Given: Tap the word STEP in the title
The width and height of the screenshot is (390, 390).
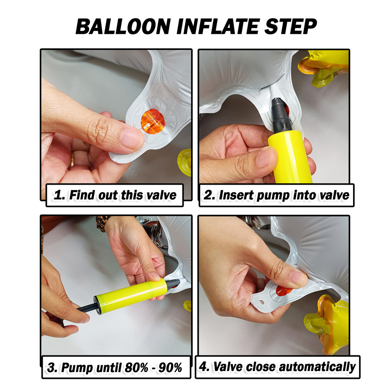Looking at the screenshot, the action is [291, 26].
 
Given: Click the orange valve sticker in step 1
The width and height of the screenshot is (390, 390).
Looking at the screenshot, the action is [153, 121].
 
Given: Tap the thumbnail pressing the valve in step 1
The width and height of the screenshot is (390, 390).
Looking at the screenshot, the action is [131, 138].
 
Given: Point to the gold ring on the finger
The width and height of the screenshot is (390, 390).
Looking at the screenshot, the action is [72, 159].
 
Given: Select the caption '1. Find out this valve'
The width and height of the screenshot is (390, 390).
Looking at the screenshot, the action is [115, 195].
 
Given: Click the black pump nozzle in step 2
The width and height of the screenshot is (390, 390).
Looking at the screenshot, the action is [280, 114].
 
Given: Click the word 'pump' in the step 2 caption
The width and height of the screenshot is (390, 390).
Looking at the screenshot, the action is [273, 195].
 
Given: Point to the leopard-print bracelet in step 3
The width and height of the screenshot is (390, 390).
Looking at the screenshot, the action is [102, 223].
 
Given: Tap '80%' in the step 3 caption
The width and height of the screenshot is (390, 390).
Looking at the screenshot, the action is [137, 368].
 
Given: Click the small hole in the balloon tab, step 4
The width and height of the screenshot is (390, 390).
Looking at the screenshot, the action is [261, 302].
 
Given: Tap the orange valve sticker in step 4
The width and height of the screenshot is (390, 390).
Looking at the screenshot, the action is [284, 291].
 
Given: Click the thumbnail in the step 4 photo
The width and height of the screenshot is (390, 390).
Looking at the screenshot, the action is [298, 278].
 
